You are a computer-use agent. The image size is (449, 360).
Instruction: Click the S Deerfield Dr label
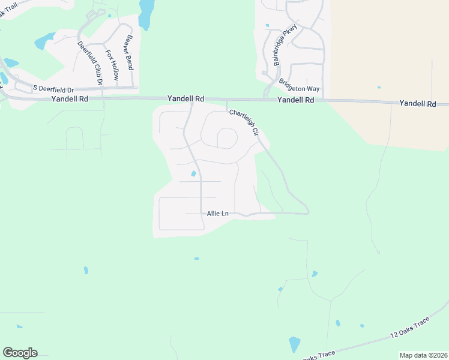[53, 88]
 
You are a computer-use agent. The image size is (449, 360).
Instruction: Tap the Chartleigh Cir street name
[244, 122]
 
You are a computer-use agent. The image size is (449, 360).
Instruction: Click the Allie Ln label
[217, 214]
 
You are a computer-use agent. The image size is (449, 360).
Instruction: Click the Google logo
[20, 353]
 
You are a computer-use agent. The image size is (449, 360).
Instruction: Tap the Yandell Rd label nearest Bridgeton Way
[295, 100]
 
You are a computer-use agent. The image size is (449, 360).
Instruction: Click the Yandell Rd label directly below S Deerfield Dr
[70, 98]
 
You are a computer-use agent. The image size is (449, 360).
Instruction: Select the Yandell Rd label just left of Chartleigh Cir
[185, 98]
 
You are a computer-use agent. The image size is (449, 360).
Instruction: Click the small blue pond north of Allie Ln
[193, 174]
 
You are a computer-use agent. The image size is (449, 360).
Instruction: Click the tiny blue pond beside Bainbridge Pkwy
[267, 26]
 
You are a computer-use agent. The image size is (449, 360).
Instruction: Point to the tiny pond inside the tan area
[379, 86]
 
